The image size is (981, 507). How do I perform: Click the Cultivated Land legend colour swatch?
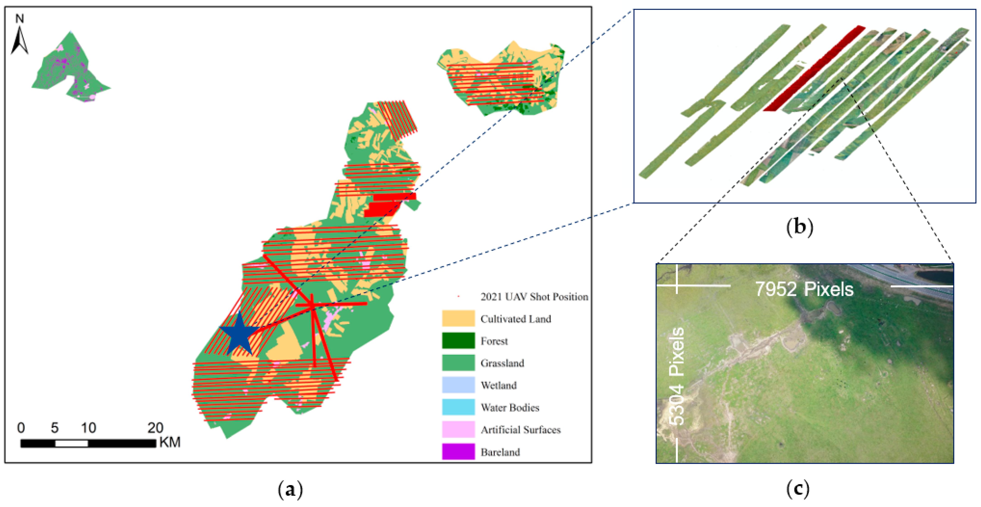458,318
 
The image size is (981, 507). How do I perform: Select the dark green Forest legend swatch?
458,341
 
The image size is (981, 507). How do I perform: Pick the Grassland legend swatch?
458,363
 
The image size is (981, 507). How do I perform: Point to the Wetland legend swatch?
458,385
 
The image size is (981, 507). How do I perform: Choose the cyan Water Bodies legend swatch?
458,407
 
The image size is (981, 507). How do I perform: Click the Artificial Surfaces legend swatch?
458,429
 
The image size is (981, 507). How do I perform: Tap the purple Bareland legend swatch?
458,452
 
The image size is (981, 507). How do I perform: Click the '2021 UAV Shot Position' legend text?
534,297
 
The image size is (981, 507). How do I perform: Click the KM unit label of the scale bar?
170,442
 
